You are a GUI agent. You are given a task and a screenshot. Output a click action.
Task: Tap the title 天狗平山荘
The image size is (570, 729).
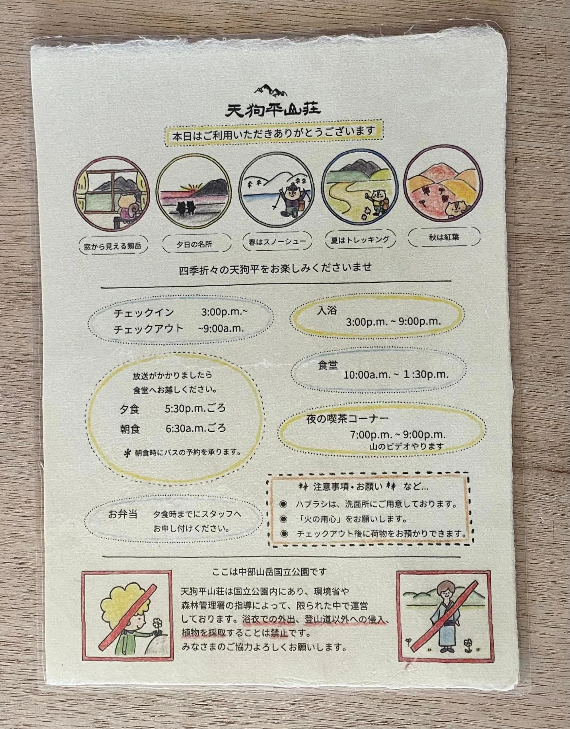(x=273, y=110)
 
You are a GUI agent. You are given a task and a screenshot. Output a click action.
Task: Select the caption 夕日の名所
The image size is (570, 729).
(x=194, y=244)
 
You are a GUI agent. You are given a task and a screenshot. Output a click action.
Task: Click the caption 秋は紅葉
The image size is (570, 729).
(x=444, y=237)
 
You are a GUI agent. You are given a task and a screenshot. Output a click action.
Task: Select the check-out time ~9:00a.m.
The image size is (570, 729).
(x=221, y=328)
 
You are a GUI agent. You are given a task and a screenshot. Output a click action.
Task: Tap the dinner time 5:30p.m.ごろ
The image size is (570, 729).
(x=195, y=408)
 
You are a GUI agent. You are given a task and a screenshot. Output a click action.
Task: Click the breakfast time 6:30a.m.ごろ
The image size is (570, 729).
(x=196, y=428)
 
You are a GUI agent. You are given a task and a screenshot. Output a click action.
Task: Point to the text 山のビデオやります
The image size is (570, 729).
(x=407, y=446)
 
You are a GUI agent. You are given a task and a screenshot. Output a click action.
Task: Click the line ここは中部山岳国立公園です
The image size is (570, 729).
(x=269, y=572)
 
